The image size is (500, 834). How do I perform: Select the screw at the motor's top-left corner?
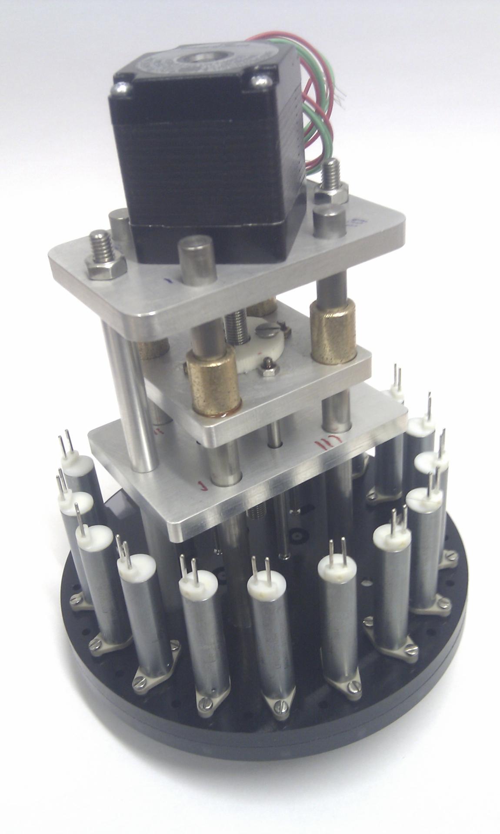(120, 89)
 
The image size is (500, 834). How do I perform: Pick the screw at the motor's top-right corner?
(261, 80)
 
